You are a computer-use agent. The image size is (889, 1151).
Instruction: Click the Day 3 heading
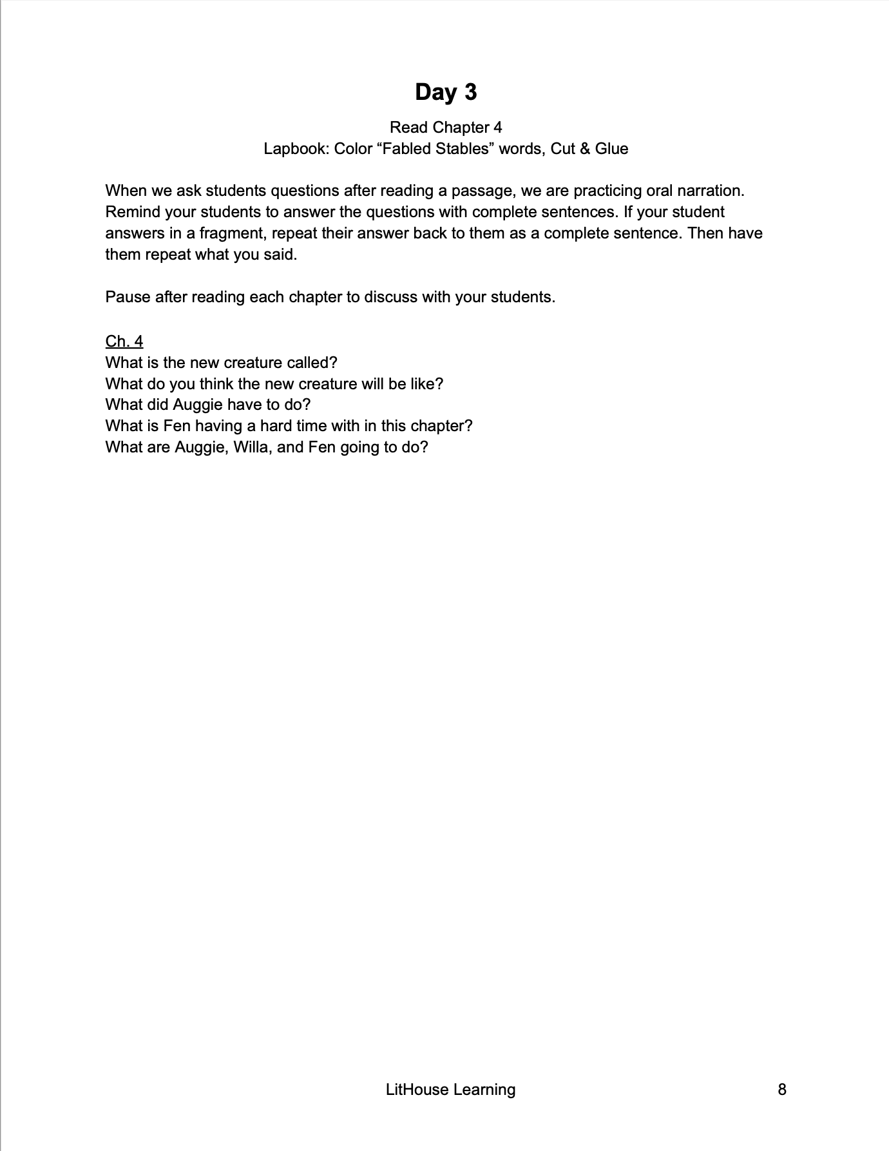click(446, 92)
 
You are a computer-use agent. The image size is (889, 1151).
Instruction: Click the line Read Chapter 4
click(446, 127)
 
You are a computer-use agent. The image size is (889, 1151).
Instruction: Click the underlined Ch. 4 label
click(124, 341)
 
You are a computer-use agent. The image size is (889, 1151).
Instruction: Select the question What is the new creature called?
click(221, 362)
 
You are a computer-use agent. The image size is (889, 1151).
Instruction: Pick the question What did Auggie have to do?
click(208, 405)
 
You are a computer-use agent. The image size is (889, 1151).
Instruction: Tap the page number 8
click(782, 1089)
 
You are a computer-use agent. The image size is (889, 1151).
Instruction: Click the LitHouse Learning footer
click(450, 1089)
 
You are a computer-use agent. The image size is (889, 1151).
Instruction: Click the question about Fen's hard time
click(289, 426)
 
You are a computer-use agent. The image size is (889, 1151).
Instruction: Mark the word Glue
click(611, 149)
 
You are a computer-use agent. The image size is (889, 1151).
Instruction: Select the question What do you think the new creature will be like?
click(274, 383)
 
